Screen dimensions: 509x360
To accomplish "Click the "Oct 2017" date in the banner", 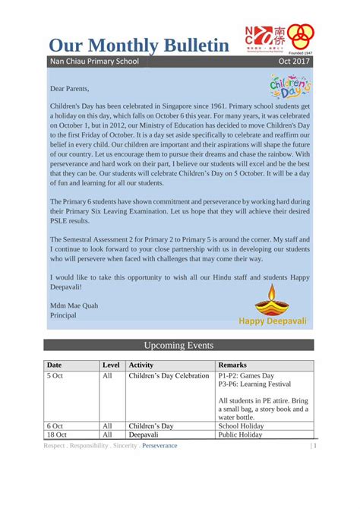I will (x=294, y=61).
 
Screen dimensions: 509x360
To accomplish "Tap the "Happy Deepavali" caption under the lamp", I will (x=273, y=321).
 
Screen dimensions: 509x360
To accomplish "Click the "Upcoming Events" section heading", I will (x=178, y=344).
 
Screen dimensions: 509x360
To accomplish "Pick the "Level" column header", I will (x=110, y=365).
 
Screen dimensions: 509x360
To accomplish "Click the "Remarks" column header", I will (x=232, y=365).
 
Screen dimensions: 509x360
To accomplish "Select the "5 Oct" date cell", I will (x=55, y=375).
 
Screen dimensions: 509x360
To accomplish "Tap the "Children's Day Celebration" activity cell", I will (x=168, y=375).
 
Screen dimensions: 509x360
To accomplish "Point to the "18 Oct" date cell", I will (x=57, y=435).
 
